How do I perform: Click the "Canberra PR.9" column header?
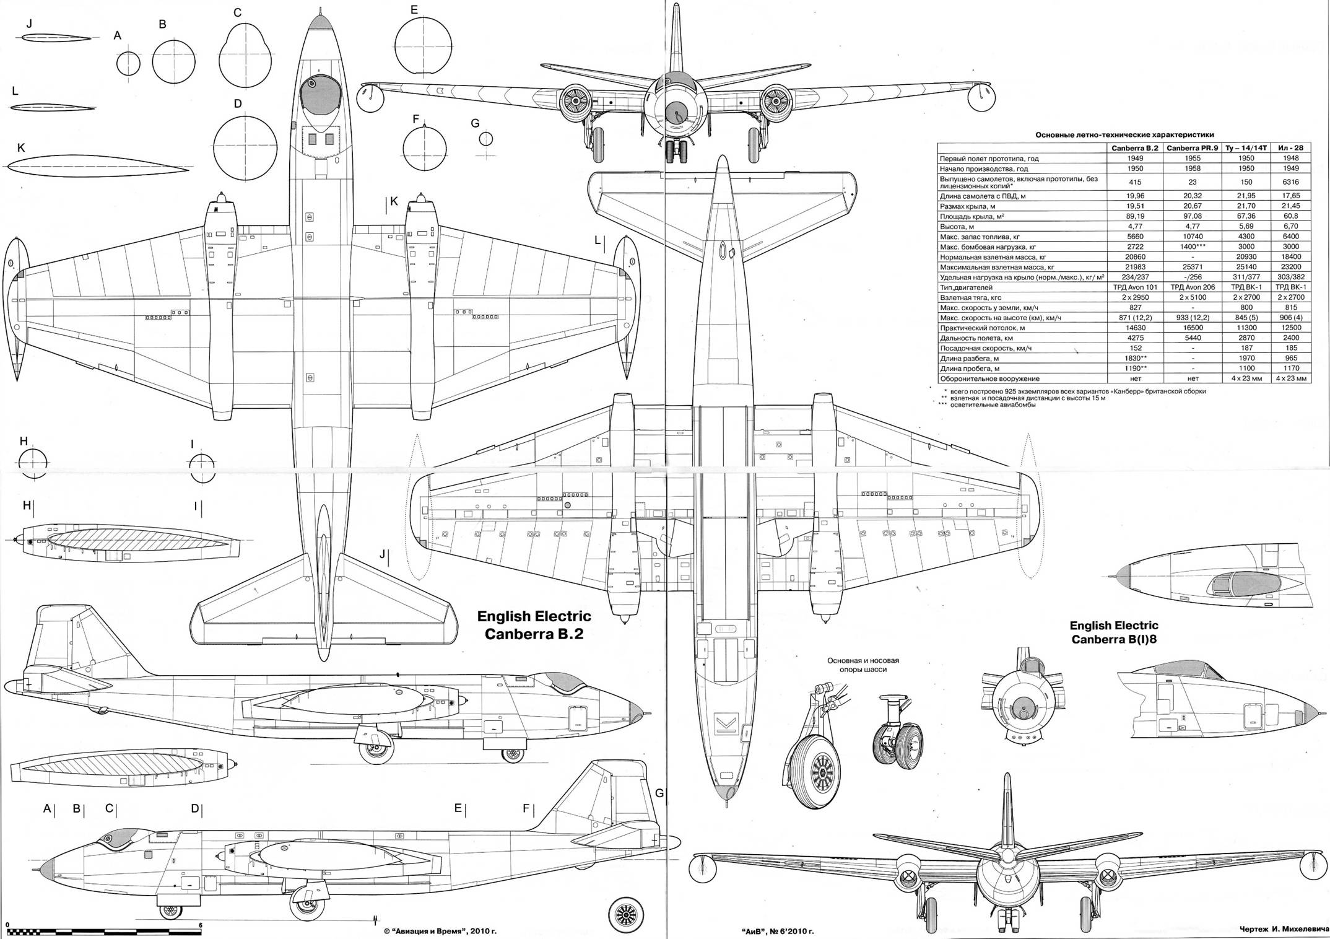(1193, 148)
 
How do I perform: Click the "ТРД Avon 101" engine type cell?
(1136, 287)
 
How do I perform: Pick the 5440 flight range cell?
(1193, 338)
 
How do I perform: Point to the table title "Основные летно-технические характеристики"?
(1124, 134)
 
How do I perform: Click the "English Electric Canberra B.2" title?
(534, 625)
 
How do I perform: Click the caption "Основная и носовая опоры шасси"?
(863, 665)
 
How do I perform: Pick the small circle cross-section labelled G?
(486, 139)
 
